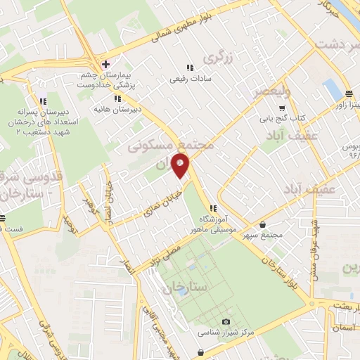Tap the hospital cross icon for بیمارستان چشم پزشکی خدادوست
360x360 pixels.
(x=104, y=63)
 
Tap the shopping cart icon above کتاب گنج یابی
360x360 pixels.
(x=281, y=108)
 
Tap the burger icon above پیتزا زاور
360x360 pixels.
(x=349, y=94)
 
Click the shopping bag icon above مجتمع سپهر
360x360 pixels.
(x=263, y=224)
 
